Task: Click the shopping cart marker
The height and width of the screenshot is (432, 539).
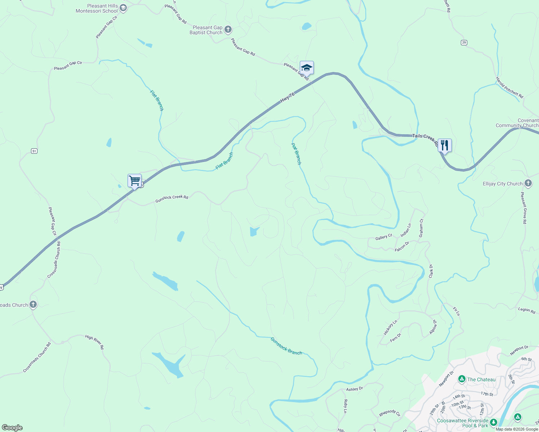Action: [x=134, y=180]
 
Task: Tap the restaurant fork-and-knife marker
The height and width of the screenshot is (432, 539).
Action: [x=445, y=145]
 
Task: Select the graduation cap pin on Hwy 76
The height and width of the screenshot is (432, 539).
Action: [x=307, y=67]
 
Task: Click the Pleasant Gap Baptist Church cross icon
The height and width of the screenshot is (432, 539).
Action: [x=228, y=30]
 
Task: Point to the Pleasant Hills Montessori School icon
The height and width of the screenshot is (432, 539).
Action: [x=123, y=8]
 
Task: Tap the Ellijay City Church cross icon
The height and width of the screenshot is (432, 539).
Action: [x=528, y=183]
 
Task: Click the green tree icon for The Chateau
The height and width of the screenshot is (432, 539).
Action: [x=462, y=379]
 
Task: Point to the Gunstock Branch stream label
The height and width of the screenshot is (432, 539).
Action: [x=286, y=346]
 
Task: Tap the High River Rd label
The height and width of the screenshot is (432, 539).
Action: [x=94, y=342]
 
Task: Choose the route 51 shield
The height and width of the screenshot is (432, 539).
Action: [x=34, y=151]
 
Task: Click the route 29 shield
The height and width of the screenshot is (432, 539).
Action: [x=464, y=42]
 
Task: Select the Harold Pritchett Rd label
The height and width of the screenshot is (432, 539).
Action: [x=509, y=87]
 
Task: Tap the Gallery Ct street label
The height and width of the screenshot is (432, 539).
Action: [x=383, y=237]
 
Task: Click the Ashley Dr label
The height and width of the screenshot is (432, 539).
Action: [x=355, y=389]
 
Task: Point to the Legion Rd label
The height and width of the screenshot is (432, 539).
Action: [x=526, y=310]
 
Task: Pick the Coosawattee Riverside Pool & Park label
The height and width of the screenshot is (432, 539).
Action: [x=463, y=423]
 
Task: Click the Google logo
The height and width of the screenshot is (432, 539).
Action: [x=12, y=428]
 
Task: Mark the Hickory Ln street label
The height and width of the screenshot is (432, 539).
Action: [x=390, y=327]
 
